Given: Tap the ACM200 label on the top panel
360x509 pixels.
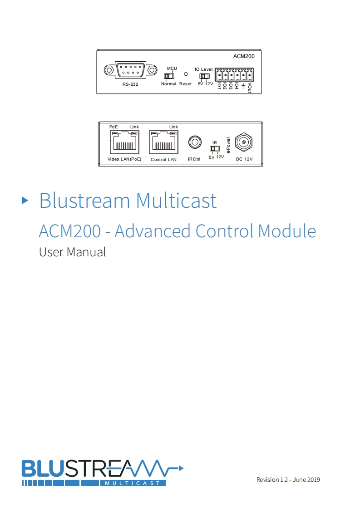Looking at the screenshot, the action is (x=243, y=57).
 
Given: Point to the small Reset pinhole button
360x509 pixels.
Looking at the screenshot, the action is (x=185, y=73).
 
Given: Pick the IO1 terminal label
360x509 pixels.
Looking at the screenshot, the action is (x=219, y=85).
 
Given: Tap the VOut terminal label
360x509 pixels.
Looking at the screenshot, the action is (x=249, y=85).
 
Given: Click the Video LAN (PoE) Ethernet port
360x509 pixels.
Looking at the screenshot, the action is (x=124, y=142).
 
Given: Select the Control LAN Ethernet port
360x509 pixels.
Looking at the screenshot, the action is (x=163, y=142).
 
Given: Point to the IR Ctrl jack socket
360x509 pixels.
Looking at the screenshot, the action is (x=195, y=142).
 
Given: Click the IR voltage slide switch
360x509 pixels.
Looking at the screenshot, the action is (x=215, y=148).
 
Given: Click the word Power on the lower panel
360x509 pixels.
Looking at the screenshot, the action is (x=228, y=145).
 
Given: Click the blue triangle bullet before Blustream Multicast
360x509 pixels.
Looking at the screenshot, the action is (x=25, y=200).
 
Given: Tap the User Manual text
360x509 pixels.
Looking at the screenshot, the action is (x=73, y=252).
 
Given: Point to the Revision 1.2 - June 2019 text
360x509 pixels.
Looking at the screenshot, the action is (x=288, y=480).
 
